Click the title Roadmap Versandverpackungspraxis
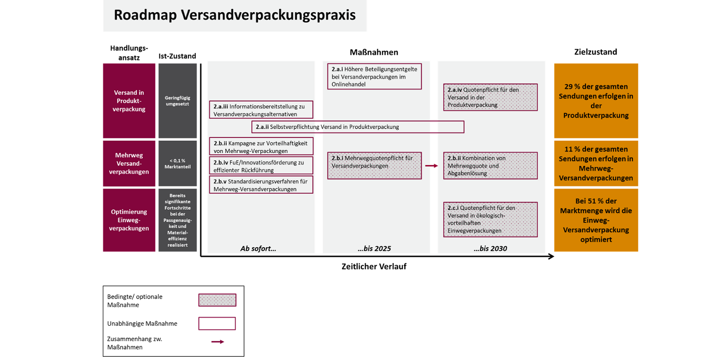pyautogui.click(x=235, y=15)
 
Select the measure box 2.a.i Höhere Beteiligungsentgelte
pyautogui.click(x=374, y=76)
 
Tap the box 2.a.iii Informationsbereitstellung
pyautogui.click(x=261, y=110)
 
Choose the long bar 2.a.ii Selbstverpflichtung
pyautogui.click(x=357, y=126)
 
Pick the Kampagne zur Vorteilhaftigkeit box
pyautogui.click(x=261, y=146)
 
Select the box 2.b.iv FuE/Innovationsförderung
pyautogui.click(x=261, y=165)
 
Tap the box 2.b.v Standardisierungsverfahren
pyautogui.click(x=261, y=184)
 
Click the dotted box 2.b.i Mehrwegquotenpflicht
pyautogui.click(x=374, y=165)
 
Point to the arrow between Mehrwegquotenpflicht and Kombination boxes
pyautogui.click(x=432, y=165)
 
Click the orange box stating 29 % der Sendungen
pyautogui.click(x=596, y=101)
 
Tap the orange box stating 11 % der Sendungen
pyautogui.click(x=596, y=164)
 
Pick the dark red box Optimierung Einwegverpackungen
pyautogui.click(x=129, y=220)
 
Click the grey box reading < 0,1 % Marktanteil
pyautogui.click(x=178, y=164)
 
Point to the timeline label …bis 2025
pyautogui.click(x=374, y=249)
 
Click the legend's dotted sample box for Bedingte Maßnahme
pyautogui.click(x=217, y=300)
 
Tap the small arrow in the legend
pyautogui.click(x=217, y=342)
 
